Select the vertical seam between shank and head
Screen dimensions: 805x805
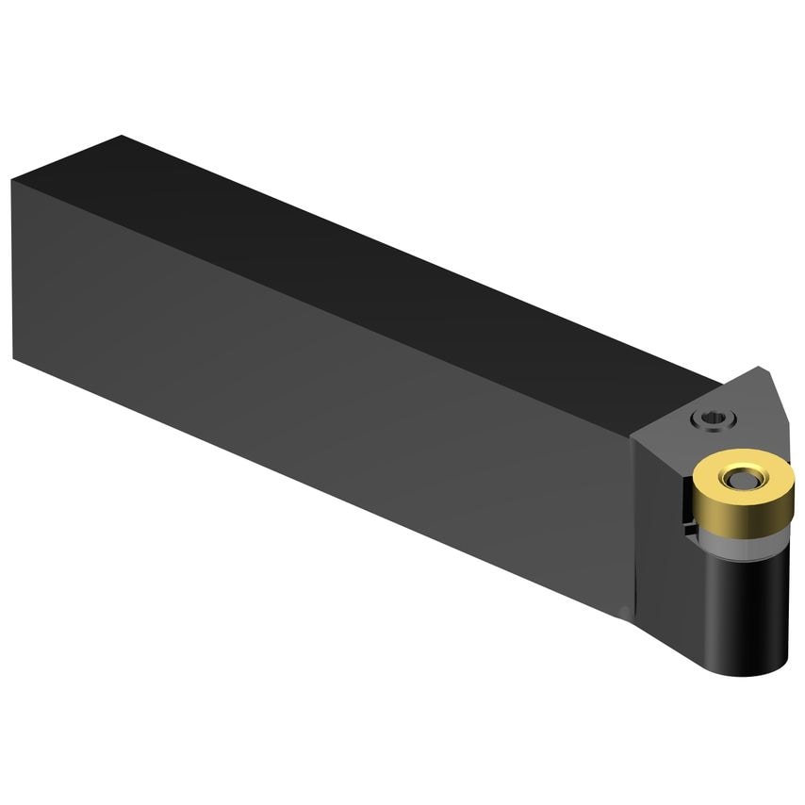[x=630, y=528]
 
